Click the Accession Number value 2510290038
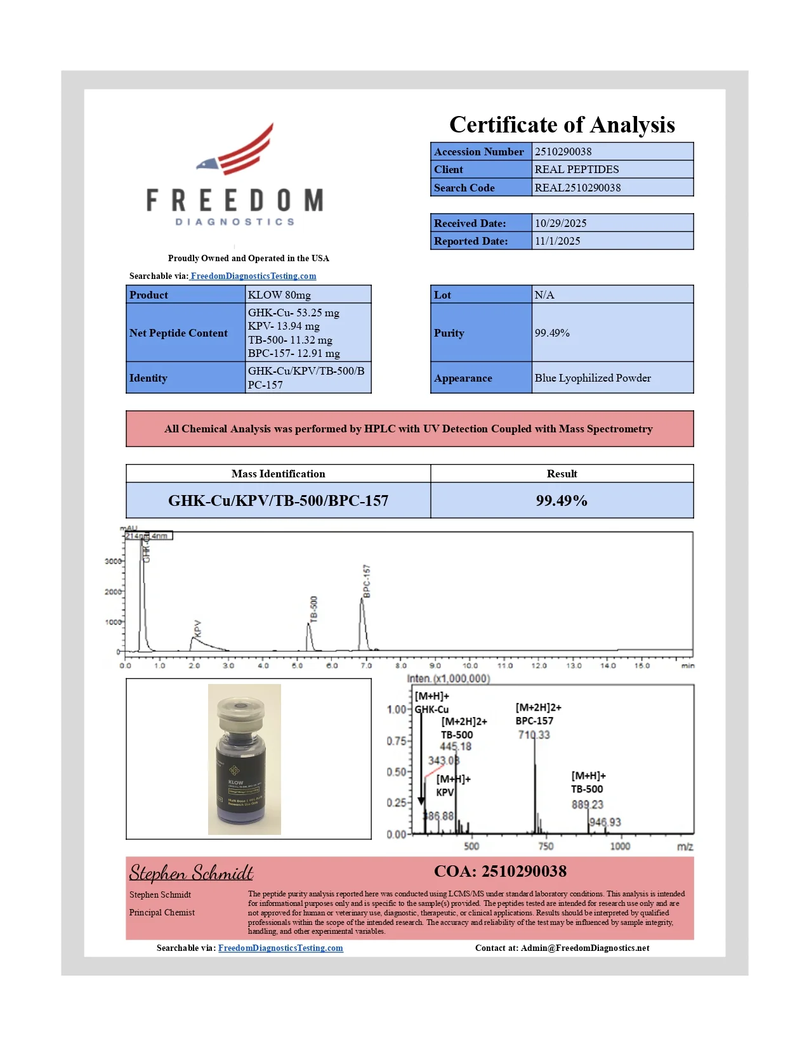pyautogui.click(x=563, y=152)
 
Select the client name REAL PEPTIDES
pyautogui.click(x=576, y=169)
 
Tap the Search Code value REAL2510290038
pyautogui.click(x=577, y=188)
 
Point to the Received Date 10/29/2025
pyautogui.click(x=560, y=223)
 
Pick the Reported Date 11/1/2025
pyautogui.click(x=557, y=241)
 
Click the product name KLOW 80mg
pyautogui.click(x=279, y=295)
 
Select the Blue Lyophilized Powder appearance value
pyautogui.click(x=593, y=378)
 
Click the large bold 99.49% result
pyautogui.click(x=562, y=501)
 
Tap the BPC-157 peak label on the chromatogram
pyautogui.click(x=367, y=581)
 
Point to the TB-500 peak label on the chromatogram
pyautogui.click(x=313, y=609)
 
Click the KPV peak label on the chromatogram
pyautogui.click(x=197, y=628)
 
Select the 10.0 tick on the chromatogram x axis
pyautogui.click(x=470, y=666)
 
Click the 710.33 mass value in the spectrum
pyautogui.click(x=534, y=735)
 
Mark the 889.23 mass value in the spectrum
pyautogui.click(x=587, y=804)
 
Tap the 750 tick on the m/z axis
pyautogui.click(x=546, y=846)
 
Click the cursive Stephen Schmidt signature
pyautogui.click(x=191, y=873)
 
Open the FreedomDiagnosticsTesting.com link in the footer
pyautogui.click(x=280, y=948)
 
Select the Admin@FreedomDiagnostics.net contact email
pyautogui.click(x=584, y=948)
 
